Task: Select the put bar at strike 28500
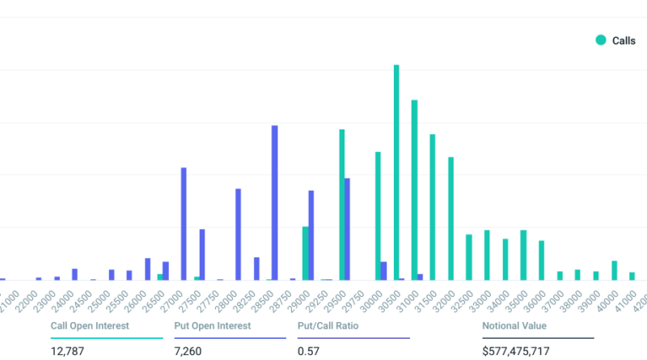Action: [275, 202]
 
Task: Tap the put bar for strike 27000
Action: [184, 223]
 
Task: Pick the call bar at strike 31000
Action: [415, 190]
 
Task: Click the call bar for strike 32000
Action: [450, 218]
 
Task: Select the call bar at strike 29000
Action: [306, 253]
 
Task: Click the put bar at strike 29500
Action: [347, 229]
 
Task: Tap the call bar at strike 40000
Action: [615, 270]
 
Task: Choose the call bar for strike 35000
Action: [523, 255]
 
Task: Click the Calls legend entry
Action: [615, 40]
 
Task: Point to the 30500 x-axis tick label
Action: [393, 302]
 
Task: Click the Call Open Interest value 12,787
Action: [67, 351]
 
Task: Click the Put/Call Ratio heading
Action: [328, 326]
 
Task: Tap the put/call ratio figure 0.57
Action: [307, 351]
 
